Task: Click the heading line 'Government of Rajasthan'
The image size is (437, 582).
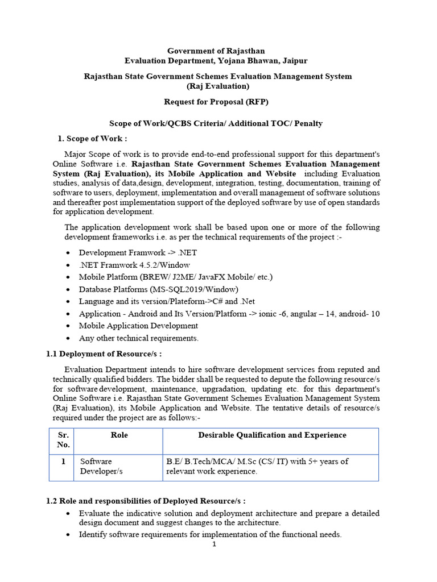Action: coord(216,51)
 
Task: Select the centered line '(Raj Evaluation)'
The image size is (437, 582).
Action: coord(218,86)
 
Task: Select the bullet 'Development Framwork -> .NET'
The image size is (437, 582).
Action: coord(138,252)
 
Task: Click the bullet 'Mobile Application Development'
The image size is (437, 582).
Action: coord(138,326)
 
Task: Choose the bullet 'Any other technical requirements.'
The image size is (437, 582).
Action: coord(139,338)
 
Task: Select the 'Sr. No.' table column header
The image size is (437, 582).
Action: coord(63,440)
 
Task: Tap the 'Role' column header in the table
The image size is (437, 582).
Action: coord(119,435)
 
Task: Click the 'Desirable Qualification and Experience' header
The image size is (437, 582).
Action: coord(272,435)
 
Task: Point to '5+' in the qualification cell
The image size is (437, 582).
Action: coord(316,462)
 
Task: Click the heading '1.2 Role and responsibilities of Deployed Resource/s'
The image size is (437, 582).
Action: coord(146,501)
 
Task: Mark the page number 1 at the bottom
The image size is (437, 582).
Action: coord(214,544)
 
